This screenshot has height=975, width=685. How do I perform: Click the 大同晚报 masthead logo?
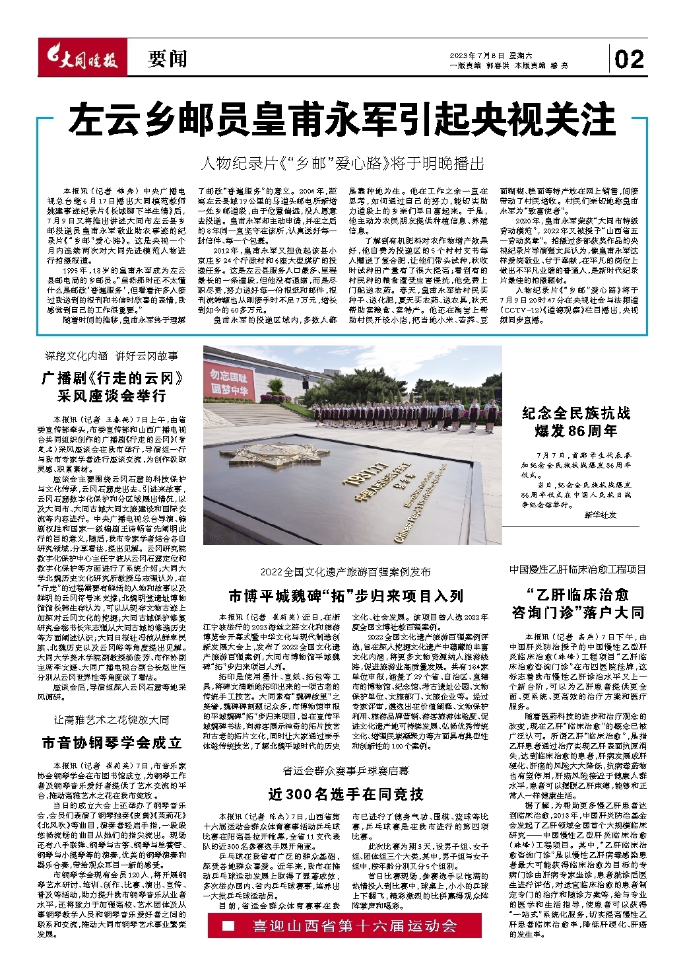point(81,59)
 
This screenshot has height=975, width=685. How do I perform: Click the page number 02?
point(629,60)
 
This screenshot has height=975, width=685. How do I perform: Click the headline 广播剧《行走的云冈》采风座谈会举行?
point(112,387)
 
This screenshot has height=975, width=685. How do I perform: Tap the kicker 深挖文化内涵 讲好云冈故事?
point(112,356)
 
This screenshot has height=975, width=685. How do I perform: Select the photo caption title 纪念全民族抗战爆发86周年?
point(576,422)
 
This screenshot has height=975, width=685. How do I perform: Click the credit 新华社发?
point(600,515)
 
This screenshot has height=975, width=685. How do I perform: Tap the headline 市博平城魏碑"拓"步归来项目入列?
point(346,596)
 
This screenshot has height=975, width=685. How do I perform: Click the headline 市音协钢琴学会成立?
point(112,742)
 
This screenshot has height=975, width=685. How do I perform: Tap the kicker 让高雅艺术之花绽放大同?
point(112,719)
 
